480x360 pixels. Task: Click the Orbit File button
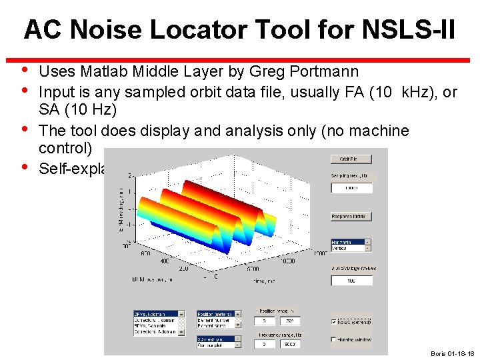(351, 159)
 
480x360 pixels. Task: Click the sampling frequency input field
(351, 188)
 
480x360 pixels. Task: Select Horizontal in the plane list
(347, 242)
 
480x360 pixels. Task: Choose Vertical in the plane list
(347, 248)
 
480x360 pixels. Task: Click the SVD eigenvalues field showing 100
(351, 281)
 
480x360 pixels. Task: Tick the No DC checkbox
(335, 322)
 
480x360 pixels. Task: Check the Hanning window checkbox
(335, 339)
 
